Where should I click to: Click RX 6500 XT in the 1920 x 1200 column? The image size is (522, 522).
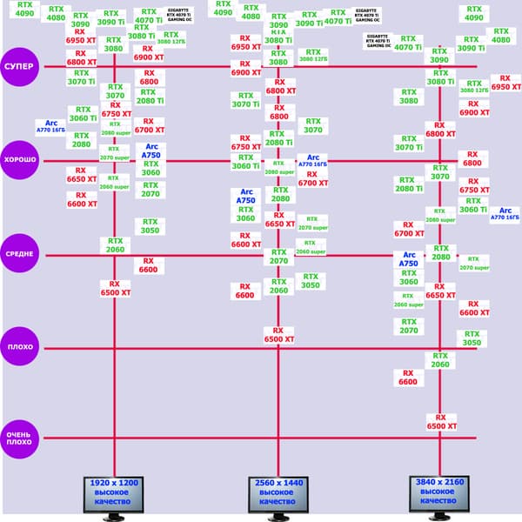115,289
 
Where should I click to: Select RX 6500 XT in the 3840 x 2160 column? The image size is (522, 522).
441,422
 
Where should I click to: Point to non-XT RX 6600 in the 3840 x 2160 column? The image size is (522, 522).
407,377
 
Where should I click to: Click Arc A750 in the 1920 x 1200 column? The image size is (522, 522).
152,151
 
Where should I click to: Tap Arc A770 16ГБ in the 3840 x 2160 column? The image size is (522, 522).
505,214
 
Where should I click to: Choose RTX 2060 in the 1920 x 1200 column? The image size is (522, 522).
116,245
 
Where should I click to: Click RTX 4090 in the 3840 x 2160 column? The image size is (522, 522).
474,12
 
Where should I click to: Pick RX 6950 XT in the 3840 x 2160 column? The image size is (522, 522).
506,83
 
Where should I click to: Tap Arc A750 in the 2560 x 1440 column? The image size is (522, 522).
246,196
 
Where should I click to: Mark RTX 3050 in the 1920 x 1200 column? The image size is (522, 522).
151,226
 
